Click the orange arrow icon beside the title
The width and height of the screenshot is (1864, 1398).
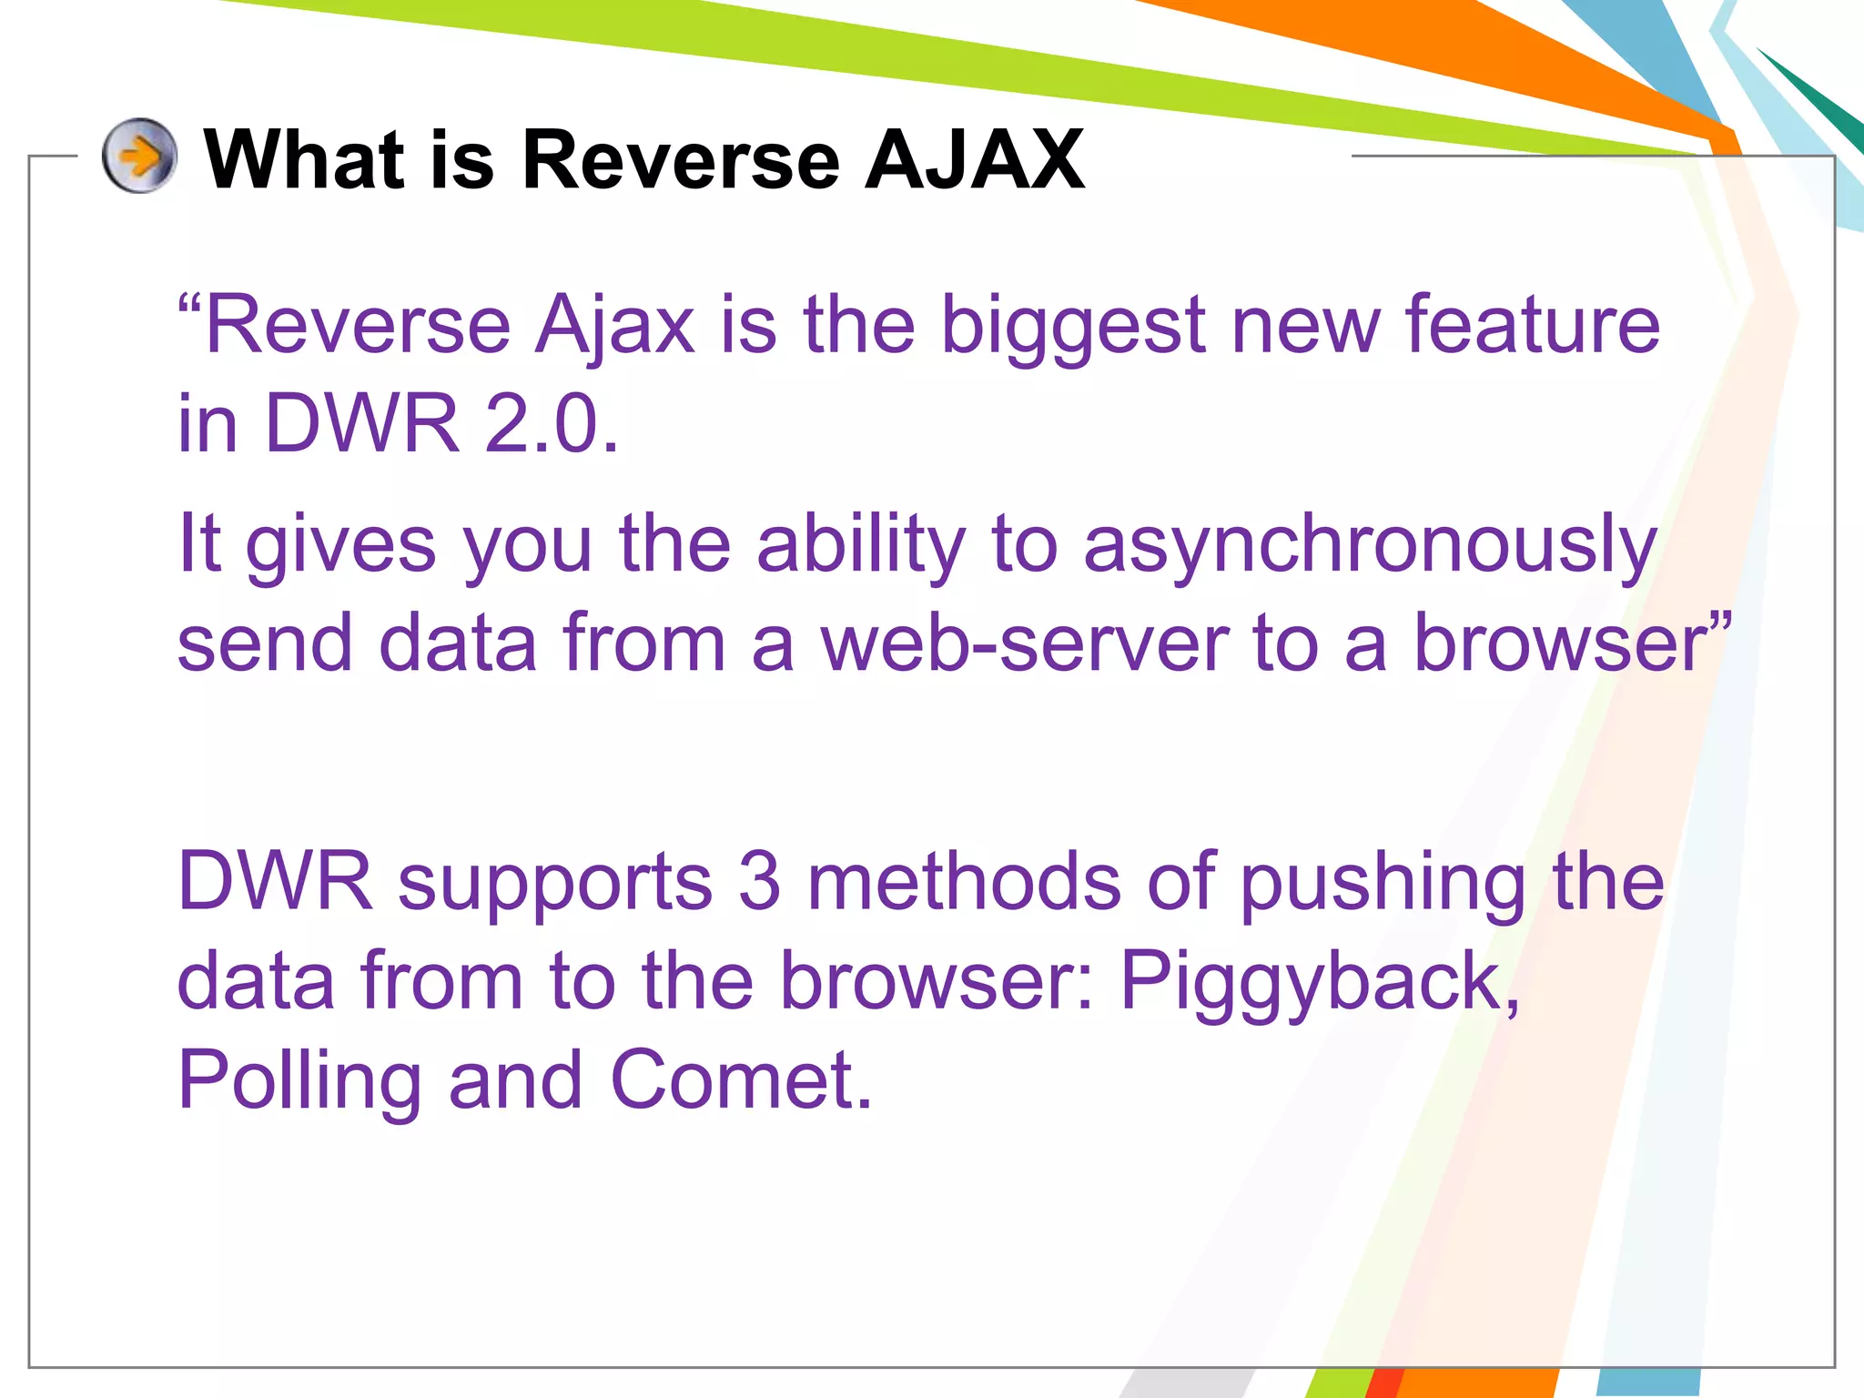(139, 156)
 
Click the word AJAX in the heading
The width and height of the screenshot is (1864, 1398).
(975, 159)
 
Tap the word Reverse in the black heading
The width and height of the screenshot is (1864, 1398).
(679, 159)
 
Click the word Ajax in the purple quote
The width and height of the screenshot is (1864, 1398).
(615, 325)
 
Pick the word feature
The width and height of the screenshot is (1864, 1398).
(1533, 325)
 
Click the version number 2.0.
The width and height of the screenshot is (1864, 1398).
(551, 423)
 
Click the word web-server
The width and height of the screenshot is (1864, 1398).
(1025, 643)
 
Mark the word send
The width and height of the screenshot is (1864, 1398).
(265, 643)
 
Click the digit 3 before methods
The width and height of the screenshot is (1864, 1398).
(759, 881)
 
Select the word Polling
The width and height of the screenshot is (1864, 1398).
(299, 1083)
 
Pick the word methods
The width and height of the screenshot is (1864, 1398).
(964, 881)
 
